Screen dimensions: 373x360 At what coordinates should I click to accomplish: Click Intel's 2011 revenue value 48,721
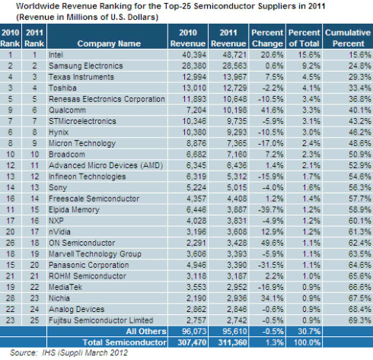[234, 55]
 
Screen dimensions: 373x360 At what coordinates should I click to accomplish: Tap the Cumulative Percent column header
[348, 38]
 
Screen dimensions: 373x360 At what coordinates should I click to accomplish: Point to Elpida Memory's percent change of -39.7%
[270, 210]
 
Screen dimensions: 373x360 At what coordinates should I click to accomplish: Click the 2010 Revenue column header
[188, 38]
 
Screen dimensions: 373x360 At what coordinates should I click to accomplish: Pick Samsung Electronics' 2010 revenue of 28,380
[194, 66]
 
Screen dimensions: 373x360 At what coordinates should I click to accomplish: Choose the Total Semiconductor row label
[125, 342]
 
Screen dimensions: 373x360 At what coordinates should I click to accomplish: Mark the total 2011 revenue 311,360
[233, 342]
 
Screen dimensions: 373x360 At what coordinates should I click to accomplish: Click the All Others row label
[146, 331]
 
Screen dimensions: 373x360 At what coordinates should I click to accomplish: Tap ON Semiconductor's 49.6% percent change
[273, 243]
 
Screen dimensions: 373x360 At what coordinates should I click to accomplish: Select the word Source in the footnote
[23, 353]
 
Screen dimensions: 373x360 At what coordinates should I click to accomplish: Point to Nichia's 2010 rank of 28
[10, 298]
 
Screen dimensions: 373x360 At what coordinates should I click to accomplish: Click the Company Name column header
[109, 43]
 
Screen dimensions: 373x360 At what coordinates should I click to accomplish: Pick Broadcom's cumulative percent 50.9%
[360, 155]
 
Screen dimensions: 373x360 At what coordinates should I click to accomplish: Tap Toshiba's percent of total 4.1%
[311, 88]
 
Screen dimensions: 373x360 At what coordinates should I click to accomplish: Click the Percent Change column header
[267, 38]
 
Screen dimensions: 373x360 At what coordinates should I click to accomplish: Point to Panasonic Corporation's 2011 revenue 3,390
[237, 265]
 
